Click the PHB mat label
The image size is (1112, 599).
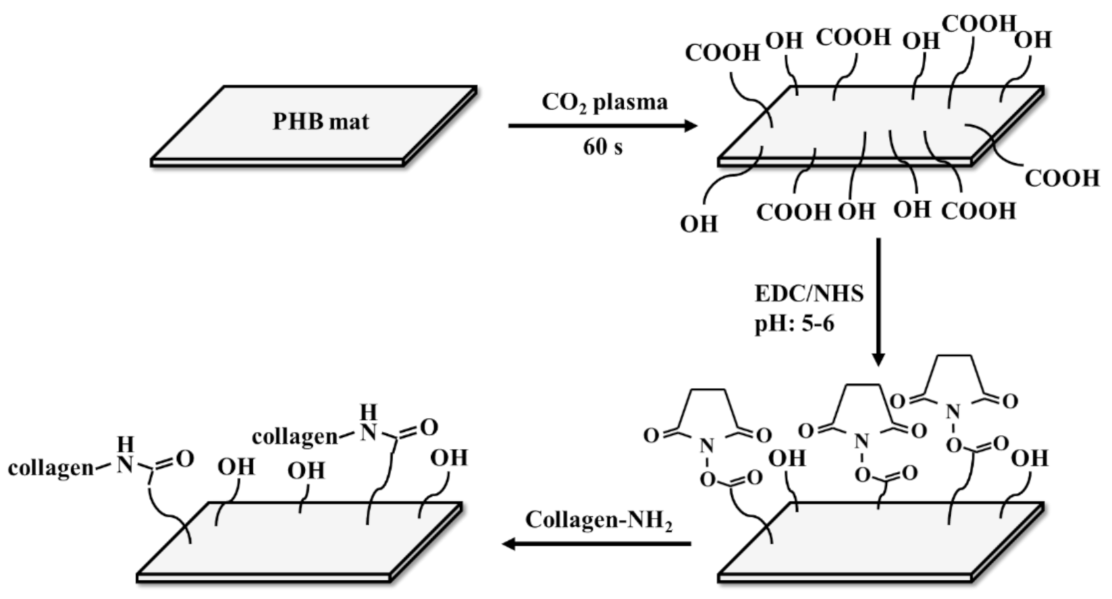[321, 122]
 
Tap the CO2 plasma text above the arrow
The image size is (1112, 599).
[604, 102]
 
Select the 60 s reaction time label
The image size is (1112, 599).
[602, 147]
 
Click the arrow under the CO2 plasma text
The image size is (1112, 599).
[602, 125]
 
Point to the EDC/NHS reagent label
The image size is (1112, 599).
[808, 293]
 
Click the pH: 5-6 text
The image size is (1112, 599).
[794, 324]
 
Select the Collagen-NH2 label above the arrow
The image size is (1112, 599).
[598, 521]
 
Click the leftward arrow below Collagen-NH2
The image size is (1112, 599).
[596, 544]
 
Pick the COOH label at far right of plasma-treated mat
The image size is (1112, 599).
[1062, 178]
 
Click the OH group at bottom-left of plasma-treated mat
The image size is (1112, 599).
[699, 224]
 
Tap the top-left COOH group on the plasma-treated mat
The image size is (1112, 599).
[722, 53]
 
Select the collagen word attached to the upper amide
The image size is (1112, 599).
[294, 437]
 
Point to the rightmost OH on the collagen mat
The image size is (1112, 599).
[449, 457]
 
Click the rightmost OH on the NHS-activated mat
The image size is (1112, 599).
[1029, 457]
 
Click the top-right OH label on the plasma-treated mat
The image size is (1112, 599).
[1033, 40]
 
